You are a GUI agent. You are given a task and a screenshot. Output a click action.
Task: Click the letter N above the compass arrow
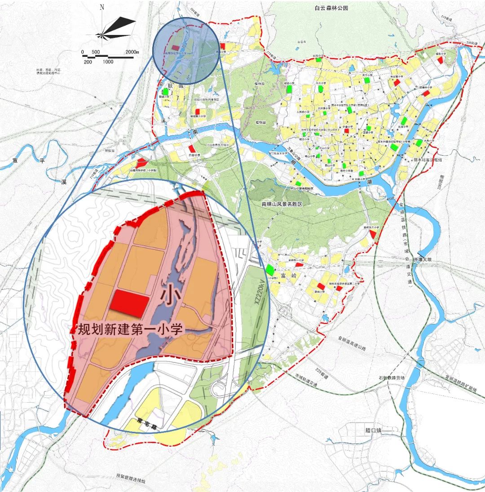click(x=102, y=7)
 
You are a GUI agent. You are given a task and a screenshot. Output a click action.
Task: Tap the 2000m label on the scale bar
click(x=132, y=52)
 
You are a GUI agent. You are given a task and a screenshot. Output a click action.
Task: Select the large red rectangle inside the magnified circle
click(x=130, y=302)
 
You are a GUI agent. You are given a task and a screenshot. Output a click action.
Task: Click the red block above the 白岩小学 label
click(x=192, y=148)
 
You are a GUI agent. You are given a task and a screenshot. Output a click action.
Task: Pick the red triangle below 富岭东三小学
click(x=373, y=235)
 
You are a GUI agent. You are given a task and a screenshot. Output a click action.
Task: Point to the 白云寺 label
click(x=301, y=42)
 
